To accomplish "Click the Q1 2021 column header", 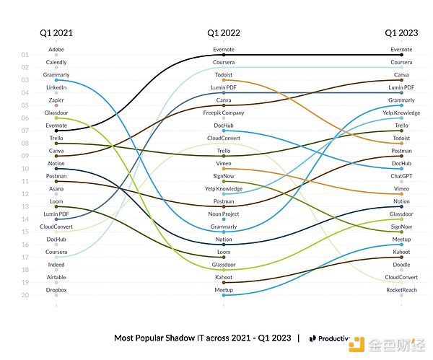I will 56,32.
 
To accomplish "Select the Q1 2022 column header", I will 224,32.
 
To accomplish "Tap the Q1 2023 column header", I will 401,32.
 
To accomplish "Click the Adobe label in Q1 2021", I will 56,50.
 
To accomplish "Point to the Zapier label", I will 56,100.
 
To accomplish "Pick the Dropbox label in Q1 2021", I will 56,289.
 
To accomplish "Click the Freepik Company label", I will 224,113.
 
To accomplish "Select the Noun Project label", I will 224,214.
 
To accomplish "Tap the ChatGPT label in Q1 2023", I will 401,176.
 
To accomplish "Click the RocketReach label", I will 401,289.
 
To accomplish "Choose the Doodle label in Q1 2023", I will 401,264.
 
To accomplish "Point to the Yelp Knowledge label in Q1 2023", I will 401,113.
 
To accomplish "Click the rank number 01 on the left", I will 25,55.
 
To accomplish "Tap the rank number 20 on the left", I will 25,295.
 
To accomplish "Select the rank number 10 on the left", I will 25,169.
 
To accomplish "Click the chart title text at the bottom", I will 202,338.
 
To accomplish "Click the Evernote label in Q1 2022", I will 224,50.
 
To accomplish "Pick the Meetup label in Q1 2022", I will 224,289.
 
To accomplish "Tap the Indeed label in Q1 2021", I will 56,264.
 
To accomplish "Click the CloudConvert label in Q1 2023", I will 401,277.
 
